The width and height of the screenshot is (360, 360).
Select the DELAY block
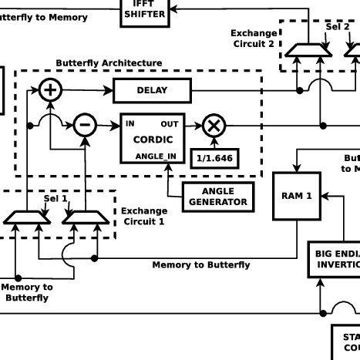pyautogui.click(x=152, y=91)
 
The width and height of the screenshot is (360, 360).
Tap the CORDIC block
pyautogui.click(x=153, y=140)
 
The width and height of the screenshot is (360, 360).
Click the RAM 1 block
pyautogui.click(x=296, y=196)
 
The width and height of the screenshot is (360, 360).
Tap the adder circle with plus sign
pyautogui.click(x=51, y=90)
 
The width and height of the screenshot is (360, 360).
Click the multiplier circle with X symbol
pyautogui.click(x=214, y=125)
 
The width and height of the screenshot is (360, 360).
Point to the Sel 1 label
pyautogui.click(x=56, y=198)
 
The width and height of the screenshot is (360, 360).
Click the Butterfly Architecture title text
pyautogui.click(x=109, y=62)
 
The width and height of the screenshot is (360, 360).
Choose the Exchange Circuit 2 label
pyautogui.click(x=254, y=39)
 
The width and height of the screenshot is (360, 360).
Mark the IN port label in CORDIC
pyautogui.click(x=130, y=123)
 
